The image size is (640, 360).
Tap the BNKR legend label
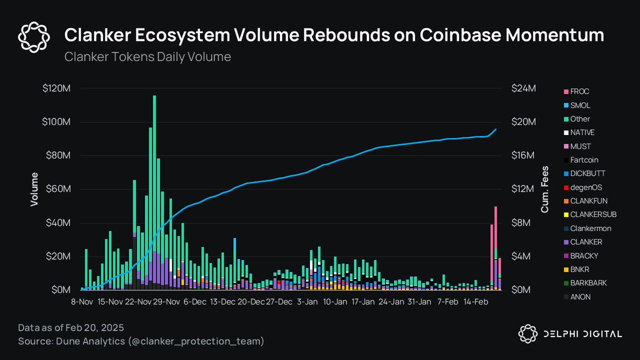[579, 269]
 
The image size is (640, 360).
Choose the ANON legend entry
[580, 297]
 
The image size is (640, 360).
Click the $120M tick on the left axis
[59, 89]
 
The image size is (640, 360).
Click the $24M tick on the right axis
[523, 89]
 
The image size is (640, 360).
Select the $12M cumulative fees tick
[523, 189]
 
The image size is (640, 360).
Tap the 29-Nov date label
[166, 302]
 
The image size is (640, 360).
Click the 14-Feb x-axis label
[475, 302]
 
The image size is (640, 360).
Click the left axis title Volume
[34, 189]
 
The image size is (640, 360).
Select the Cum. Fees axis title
[545, 189]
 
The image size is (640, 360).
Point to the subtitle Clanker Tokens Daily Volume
[148, 57]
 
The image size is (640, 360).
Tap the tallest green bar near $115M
[154, 160]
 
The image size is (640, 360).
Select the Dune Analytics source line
[141, 340]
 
